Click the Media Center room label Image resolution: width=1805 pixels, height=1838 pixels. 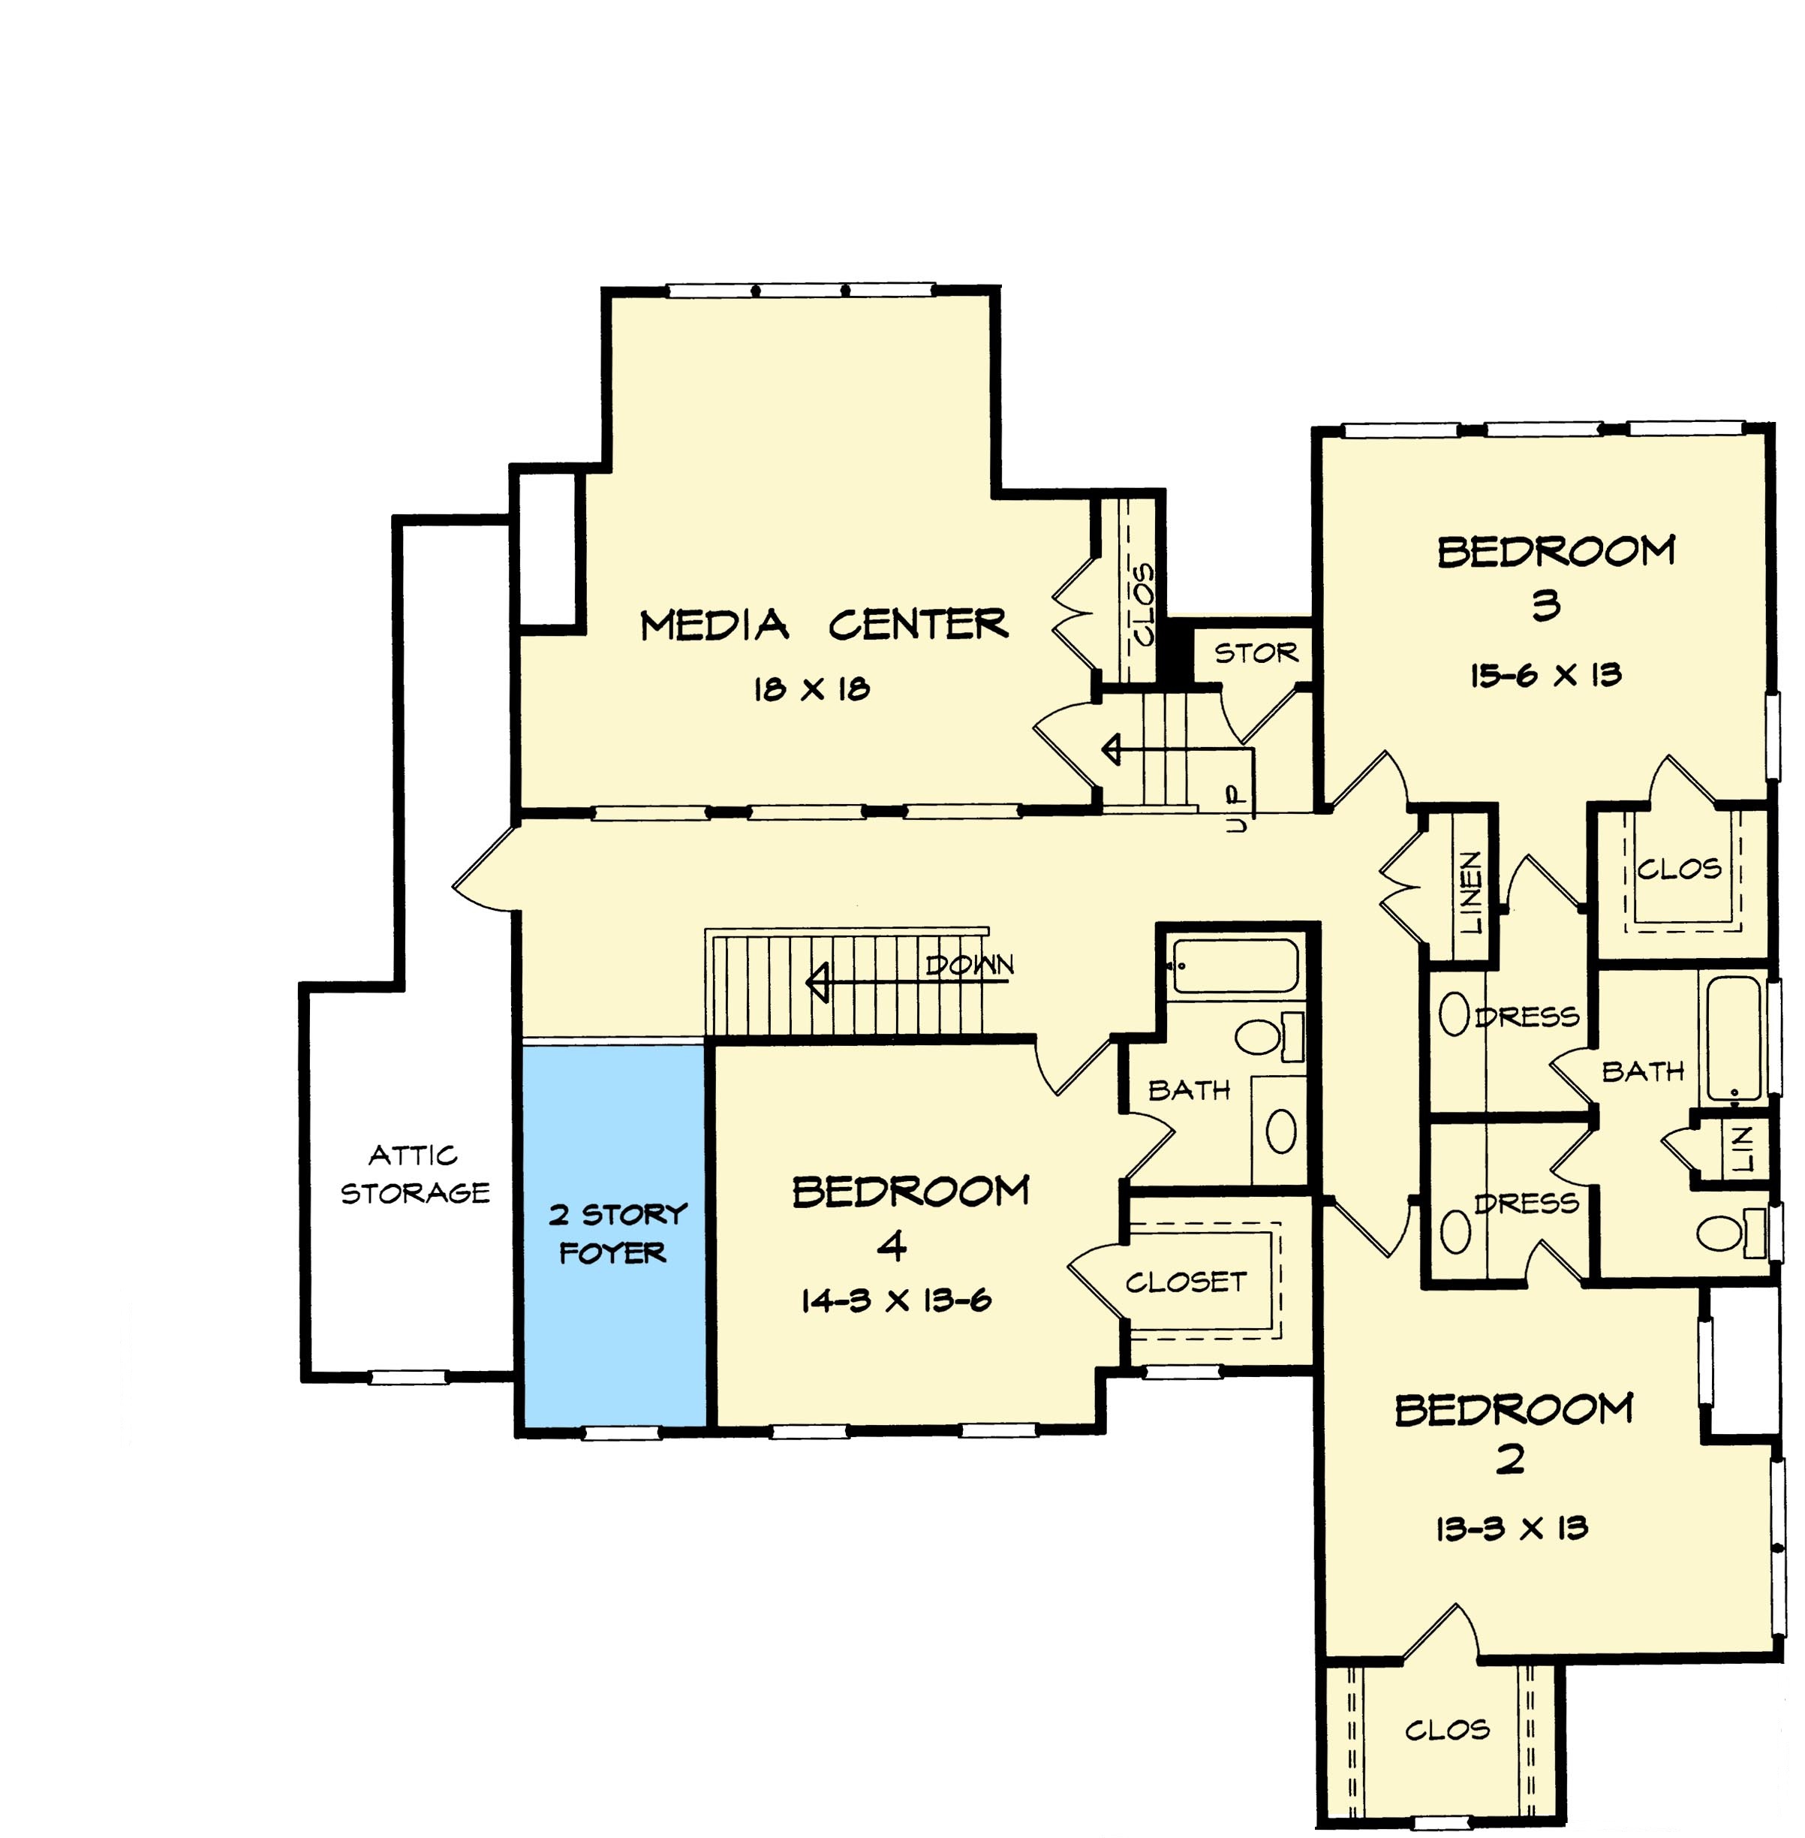click(824, 625)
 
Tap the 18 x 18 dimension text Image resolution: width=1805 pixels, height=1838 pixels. click(811, 689)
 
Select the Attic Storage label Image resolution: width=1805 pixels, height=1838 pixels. click(415, 1174)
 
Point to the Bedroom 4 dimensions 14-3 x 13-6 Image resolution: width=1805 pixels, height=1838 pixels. click(896, 1300)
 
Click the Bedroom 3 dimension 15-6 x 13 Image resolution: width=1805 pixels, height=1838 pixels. click(1545, 675)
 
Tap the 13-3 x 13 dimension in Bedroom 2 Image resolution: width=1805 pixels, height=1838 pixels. click(1511, 1529)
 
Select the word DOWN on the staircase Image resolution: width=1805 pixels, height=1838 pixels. click(970, 966)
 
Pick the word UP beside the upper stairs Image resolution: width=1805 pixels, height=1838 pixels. click(1235, 809)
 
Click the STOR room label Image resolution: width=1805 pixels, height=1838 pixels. click(1256, 652)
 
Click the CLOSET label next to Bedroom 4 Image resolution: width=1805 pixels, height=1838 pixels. click(1186, 1282)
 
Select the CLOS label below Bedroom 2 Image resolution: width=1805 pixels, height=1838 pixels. click(1447, 1730)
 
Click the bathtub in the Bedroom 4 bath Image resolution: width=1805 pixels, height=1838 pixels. click(1235, 966)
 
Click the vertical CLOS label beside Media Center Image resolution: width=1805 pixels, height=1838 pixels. click(1145, 604)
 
